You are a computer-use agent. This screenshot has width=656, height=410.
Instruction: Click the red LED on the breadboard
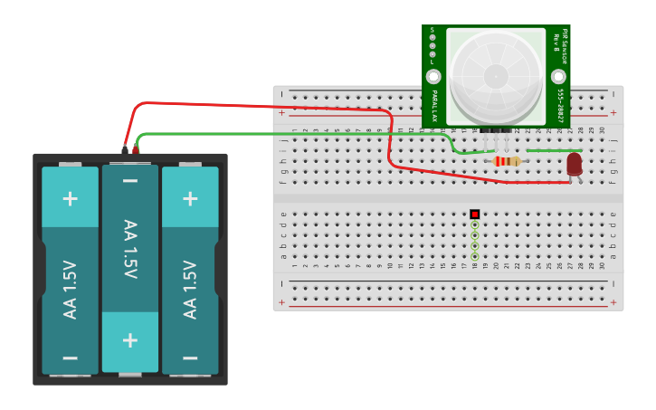(x=575, y=163)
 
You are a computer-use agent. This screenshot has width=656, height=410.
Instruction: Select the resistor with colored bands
(x=507, y=161)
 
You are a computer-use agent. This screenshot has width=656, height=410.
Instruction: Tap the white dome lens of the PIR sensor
(x=496, y=77)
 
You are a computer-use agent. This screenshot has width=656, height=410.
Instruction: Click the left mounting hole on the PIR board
(x=433, y=77)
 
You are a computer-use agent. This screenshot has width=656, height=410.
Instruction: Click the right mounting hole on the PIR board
(x=559, y=77)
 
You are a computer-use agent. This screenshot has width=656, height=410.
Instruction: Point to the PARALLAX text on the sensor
(x=434, y=106)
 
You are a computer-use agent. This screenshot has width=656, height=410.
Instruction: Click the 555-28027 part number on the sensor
(x=560, y=106)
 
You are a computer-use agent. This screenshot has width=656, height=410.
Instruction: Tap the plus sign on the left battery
(x=70, y=198)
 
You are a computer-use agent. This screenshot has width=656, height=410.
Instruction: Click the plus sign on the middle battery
(x=129, y=339)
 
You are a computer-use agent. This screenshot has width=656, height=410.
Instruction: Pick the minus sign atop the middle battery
(x=129, y=181)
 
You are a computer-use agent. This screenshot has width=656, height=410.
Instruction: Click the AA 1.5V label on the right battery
(x=190, y=290)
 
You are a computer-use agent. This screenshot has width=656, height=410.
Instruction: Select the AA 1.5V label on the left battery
(x=70, y=290)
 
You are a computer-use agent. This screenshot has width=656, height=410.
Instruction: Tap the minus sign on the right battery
(x=190, y=358)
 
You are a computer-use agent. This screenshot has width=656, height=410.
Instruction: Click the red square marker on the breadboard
(x=474, y=215)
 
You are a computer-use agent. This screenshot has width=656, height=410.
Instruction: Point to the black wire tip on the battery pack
(x=125, y=148)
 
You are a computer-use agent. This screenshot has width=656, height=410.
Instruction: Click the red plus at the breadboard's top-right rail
(x=613, y=113)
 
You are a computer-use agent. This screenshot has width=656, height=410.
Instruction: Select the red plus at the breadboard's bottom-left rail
(x=281, y=302)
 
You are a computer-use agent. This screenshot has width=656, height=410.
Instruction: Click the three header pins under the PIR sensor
(x=496, y=131)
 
